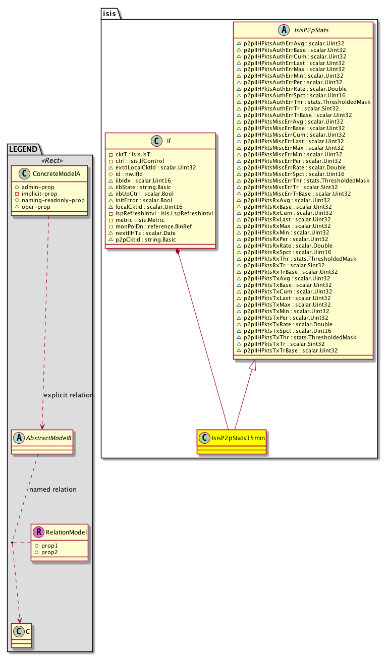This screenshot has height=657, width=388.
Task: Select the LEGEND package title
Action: pyautogui.click(x=23, y=148)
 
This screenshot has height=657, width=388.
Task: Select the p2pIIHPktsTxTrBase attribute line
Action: pyautogui.click(x=291, y=350)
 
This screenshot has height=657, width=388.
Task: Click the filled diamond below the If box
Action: pyautogui.click(x=178, y=252)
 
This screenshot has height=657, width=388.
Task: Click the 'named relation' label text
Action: pyautogui.click(x=53, y=490)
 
